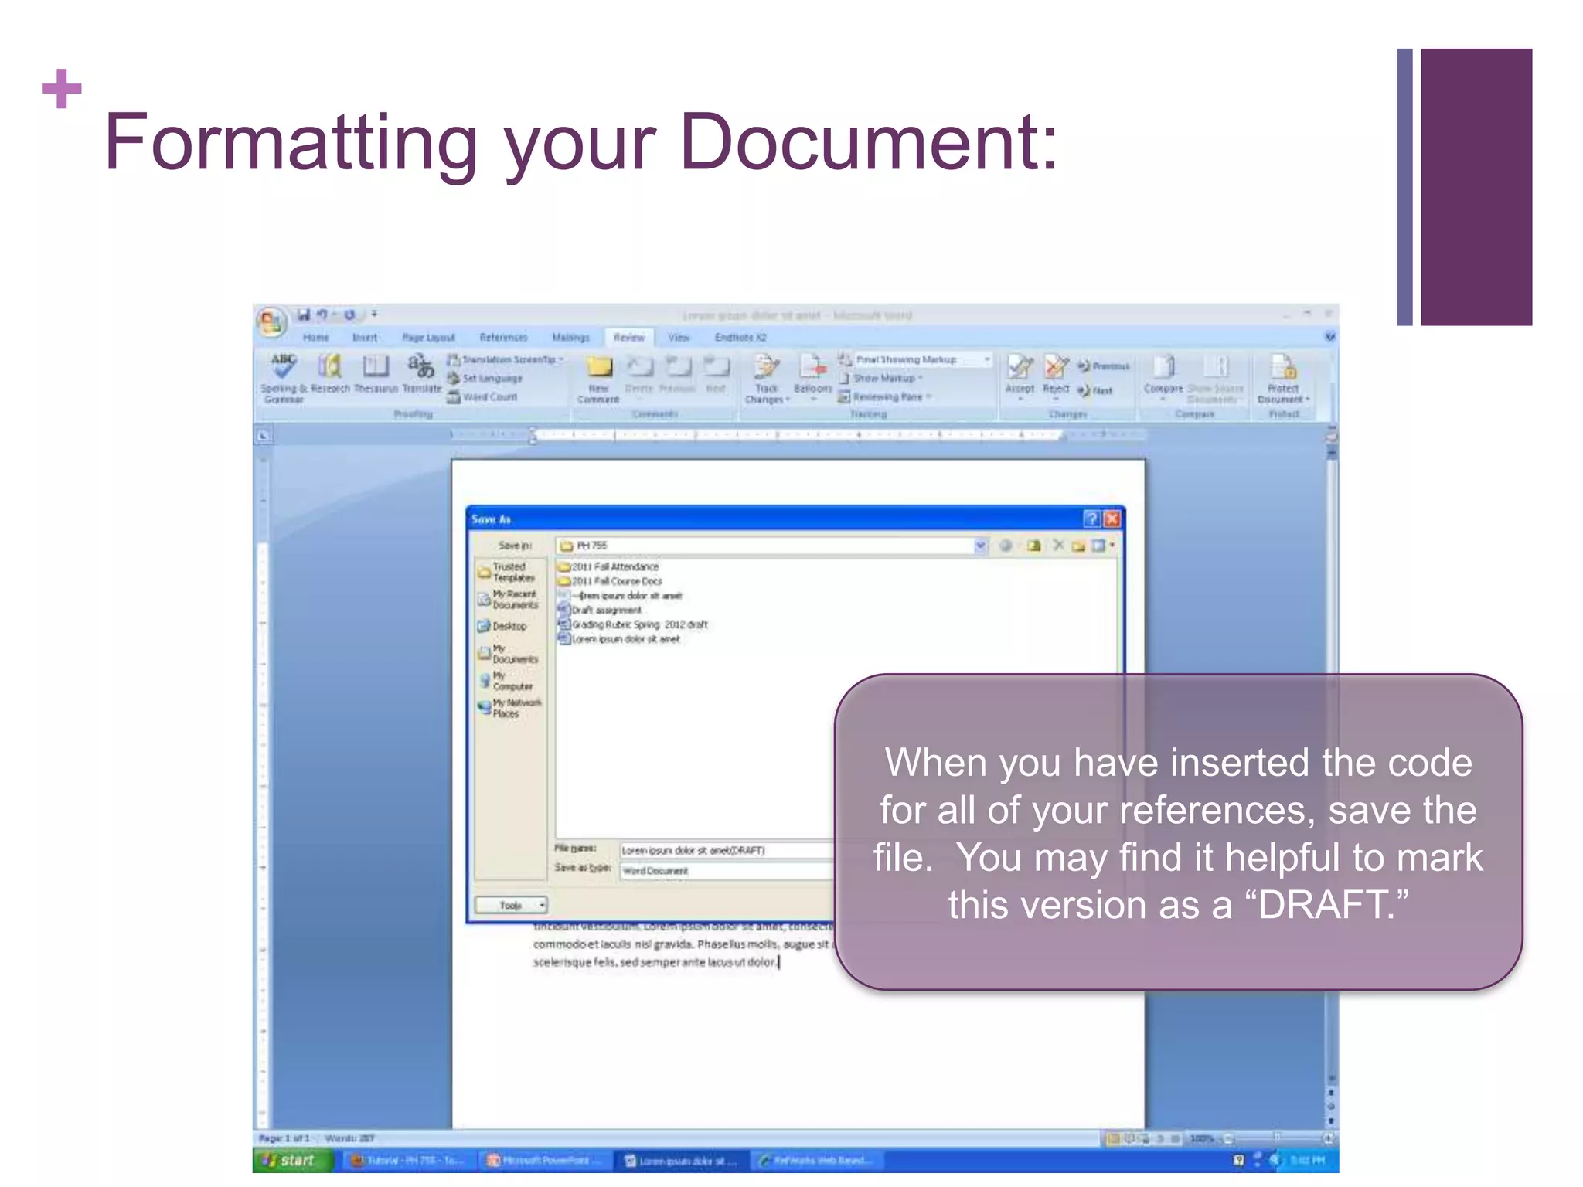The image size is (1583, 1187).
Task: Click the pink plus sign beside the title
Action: click(62, 89)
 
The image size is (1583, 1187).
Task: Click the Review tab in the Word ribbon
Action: click(628, 338)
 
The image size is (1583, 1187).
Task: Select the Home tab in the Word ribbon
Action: click(315, 338)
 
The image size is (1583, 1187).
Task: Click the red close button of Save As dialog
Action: click(1112, 519)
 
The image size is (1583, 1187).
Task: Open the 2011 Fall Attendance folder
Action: click(614, 566)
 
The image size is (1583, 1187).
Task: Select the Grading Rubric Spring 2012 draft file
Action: click(638, 624)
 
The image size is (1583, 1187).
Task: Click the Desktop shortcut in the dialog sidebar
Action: click(509, 626)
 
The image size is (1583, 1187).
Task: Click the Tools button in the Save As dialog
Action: click(511, 905)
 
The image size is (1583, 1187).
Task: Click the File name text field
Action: click(727, 850)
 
